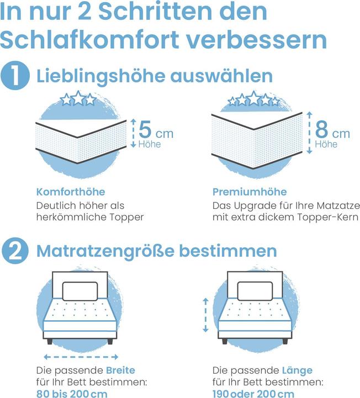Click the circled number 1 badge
[16, 76]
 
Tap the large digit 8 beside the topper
[323, 130]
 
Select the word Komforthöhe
[71, 192]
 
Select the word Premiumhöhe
[250, 192]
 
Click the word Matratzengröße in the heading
[106, 252]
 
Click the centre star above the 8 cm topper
[253, 98]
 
